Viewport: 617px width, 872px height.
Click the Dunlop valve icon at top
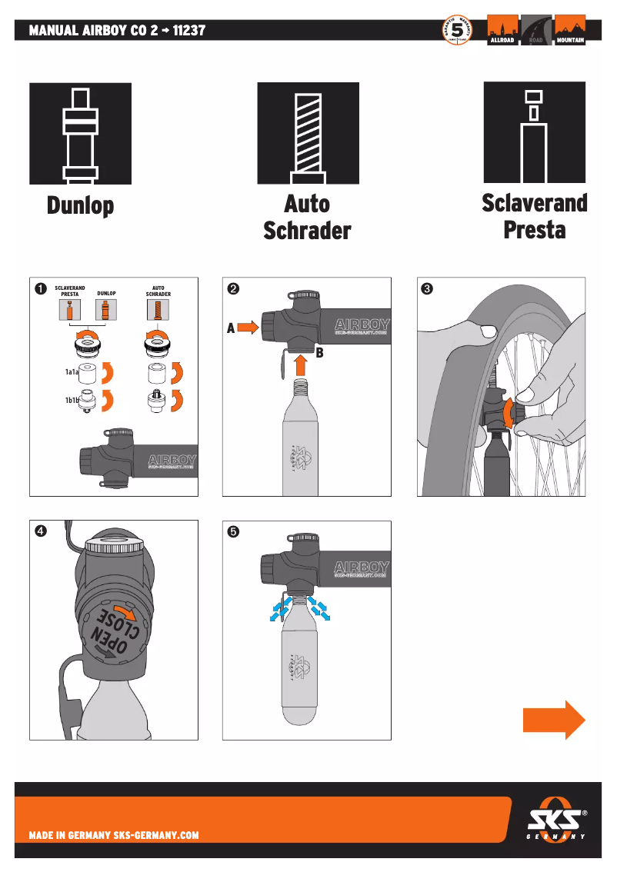point(79,133)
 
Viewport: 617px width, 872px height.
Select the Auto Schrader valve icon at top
point(307,133)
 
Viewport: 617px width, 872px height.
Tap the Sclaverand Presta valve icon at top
point(534,133)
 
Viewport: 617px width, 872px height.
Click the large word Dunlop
point(80,206)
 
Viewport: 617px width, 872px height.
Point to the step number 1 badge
point(38,289)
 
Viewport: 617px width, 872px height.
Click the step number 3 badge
point(426,289)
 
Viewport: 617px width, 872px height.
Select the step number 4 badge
point(38,532)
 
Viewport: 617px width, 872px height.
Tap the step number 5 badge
point(232,532)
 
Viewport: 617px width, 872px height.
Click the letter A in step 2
point(230,328)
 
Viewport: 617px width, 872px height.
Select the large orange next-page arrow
point(554,720)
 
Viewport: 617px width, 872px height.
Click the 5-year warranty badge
point(457,31)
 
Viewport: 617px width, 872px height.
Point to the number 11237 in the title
point(185,31)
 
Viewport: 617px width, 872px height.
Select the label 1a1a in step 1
point(72,372)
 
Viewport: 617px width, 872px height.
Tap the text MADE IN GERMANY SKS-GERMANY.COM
point(114,835)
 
